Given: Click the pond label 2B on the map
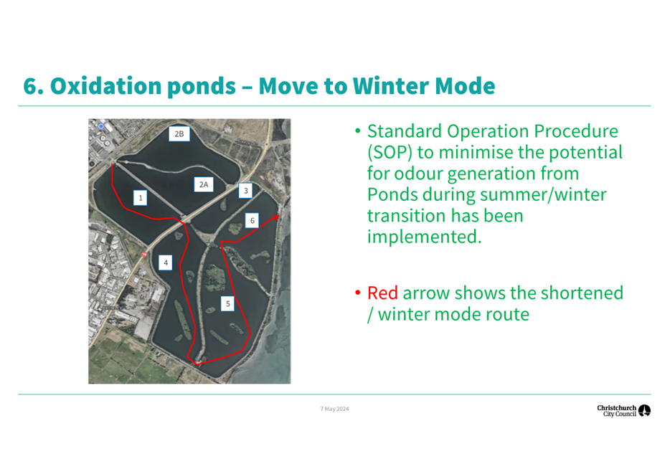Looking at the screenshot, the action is tap(179, 133).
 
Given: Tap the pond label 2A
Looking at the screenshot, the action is tap(204, 184).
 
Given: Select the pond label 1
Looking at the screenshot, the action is tap(140, 198).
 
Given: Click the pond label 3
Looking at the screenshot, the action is tap(246, 191).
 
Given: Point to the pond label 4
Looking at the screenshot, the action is tap(166, 262).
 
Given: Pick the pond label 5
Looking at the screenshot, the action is tap(227, 303).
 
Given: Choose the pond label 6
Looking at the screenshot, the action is tap(252, 220).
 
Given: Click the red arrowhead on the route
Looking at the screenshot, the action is tap(276, 218).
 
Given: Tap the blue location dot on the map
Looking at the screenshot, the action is tap(101, 126).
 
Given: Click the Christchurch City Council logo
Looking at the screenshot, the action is tap(623, 411).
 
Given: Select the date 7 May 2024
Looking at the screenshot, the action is tap(334, 409).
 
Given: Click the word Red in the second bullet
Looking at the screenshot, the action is tap(382, 293).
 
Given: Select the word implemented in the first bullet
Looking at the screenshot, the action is tap(424, 237).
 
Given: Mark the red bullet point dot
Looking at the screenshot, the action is tap(358, 293).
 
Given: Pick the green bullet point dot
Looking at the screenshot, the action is tap(358, 131).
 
